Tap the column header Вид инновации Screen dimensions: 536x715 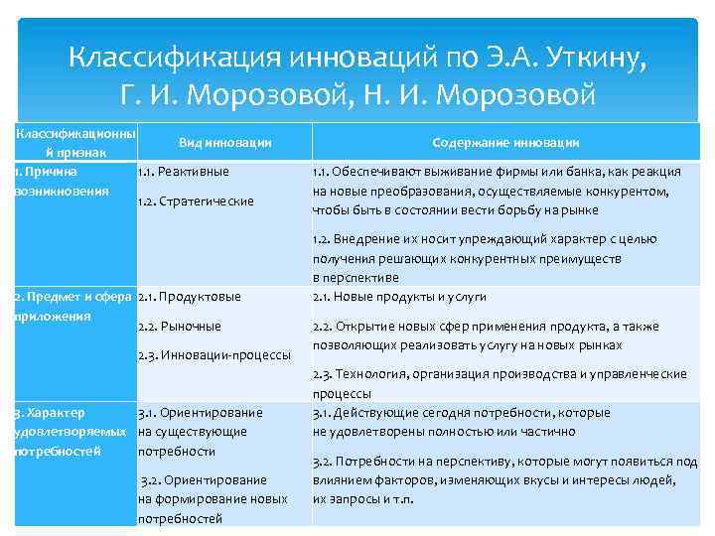(x=225, y=143)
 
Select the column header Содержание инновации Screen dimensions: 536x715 (x=506, y=143)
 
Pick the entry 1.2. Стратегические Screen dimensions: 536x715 (x=196, y=201)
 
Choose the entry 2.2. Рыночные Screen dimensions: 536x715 (x=178, y=326)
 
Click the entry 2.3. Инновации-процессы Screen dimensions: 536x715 (x=214, y=354)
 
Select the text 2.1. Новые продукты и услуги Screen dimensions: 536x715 (x=399, y=296)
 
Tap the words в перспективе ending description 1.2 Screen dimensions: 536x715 (x=355, y=277)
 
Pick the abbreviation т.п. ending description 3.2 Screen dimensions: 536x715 (x=397, y=499)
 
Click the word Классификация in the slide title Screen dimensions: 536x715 (x=172, y=59)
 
